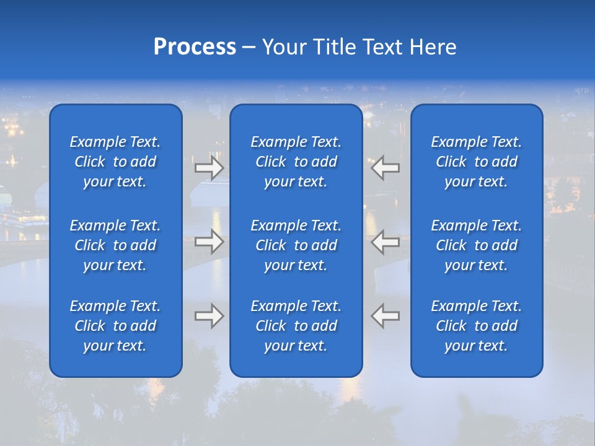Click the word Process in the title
click(x=195, y=47)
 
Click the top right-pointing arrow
click(x=209, y=167)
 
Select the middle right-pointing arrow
click(x=209, y=242)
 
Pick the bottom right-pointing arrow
click(x=209, y=316)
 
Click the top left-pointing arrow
click(x=386, y=167)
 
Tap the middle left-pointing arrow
click(x=386, y=242)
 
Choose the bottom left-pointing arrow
click(x=386, y=316)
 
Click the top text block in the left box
click(x=115, y=162)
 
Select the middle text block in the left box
click(x=115, y=245)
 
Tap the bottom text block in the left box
click(x=115, y=326)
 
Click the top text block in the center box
click(x=296, y=162)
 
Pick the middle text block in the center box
click(x=296, y=245)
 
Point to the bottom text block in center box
click(x=296, y=326)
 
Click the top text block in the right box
click(x=477, y=162)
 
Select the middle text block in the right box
click(x=477, y=245)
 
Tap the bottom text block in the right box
click(x=477, y=326)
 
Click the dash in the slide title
click(x=249, y=48)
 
